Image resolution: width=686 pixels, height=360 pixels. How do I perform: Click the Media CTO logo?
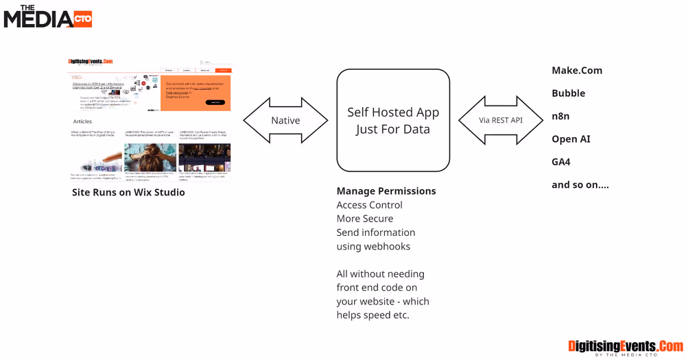point(47,16)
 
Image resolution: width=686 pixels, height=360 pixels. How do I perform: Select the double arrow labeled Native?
point(285,121)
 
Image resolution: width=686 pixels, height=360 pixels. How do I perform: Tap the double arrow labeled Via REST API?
point(501,121)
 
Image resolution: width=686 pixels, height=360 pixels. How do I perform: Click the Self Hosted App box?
point(393,121)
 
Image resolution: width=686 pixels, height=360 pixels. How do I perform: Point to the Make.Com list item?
point(577,71)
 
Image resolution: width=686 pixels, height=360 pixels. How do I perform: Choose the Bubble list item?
point(568,93)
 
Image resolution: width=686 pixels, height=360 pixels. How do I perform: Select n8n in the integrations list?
point(560,116)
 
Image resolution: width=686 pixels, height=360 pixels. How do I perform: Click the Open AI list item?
point(571,139)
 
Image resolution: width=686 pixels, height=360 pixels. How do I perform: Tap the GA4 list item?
point(561,162)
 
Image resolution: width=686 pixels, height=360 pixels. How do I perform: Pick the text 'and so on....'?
point(580,184)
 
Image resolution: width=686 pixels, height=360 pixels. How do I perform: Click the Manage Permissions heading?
point(386,191)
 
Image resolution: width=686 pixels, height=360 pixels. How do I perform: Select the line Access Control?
point(369,205)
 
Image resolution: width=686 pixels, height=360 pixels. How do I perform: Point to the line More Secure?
point(365,219)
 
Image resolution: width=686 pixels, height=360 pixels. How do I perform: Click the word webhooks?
point(388,246)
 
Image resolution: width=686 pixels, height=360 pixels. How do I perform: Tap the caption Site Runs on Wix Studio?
point(128,193)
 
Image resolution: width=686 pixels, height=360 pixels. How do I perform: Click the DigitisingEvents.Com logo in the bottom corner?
point(626,347)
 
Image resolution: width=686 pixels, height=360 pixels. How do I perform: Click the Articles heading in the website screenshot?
point(82,121)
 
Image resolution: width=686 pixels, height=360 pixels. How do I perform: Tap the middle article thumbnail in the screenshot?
point(150,157)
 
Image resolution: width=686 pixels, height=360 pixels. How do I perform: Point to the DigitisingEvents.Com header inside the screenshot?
point(91,61)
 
